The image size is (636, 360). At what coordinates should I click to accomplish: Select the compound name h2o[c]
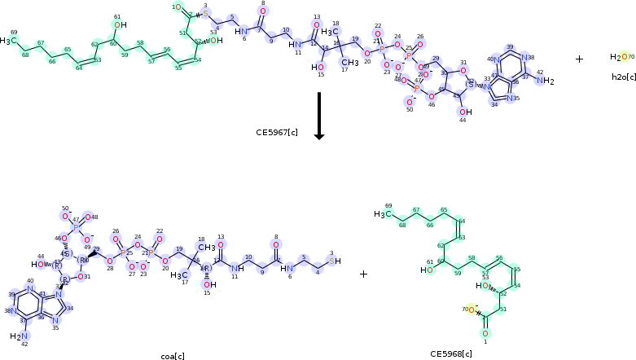[x=624, y=77]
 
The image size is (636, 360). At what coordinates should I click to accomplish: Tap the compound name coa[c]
[x=172, y=356]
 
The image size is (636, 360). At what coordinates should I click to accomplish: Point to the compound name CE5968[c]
[x=451, y=353]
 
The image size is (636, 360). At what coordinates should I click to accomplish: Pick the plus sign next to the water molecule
[x=579, y=59]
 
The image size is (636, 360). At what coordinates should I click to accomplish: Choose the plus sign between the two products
[x=363, y=274]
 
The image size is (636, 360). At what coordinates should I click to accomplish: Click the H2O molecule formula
[x=620, y=57]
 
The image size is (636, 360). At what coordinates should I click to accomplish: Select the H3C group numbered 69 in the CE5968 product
[x=382, y=214]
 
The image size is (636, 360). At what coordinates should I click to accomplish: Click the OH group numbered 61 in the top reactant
[x=120, y=25]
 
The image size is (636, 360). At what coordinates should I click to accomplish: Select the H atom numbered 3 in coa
[x=337, y=261]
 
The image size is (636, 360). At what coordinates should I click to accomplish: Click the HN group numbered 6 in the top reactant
[x=241, y=31]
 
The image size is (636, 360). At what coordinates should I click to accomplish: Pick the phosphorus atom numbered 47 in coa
[x=76, y=228]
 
